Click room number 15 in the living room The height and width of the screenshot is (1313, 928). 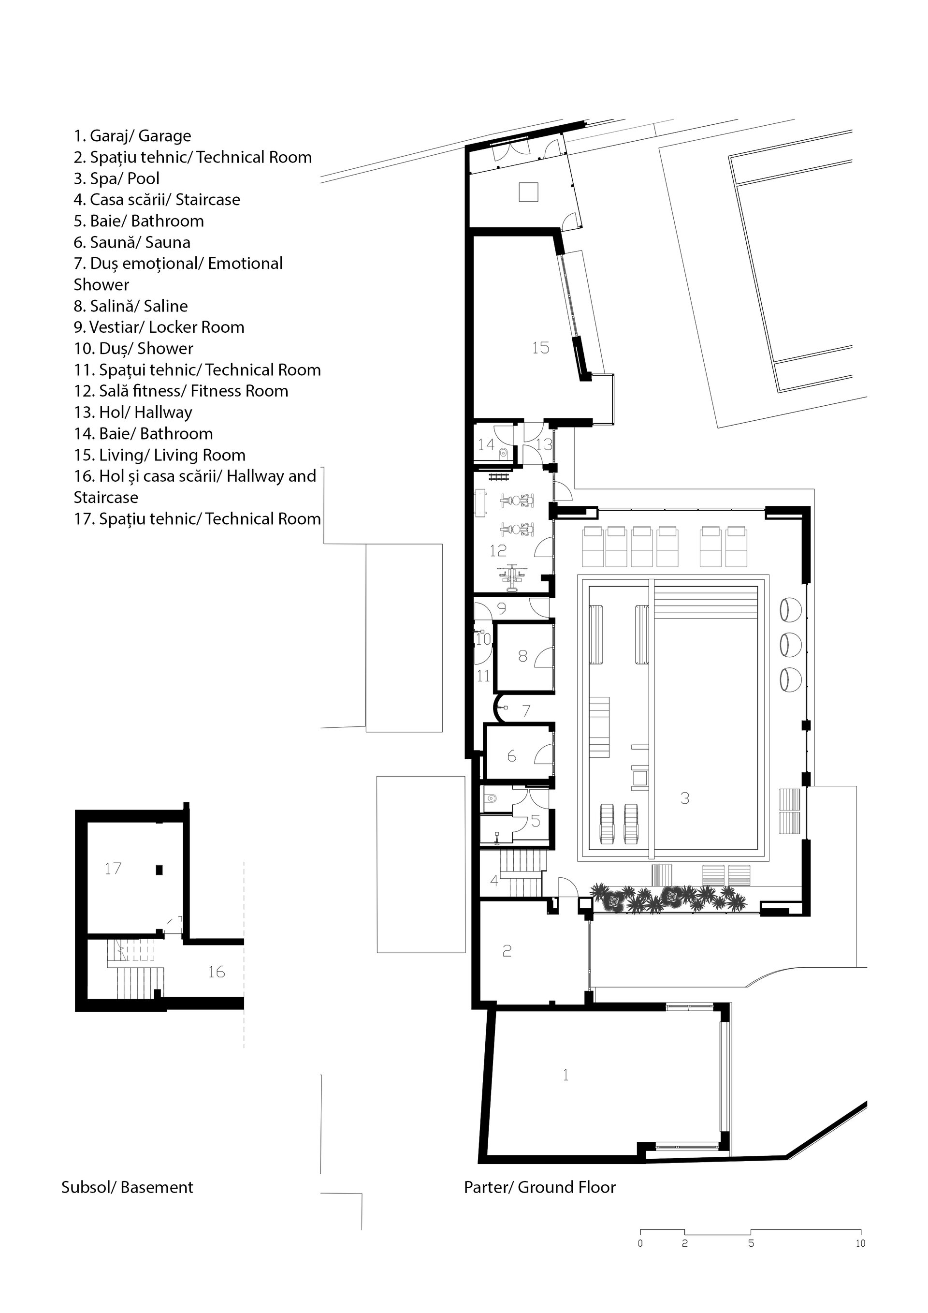[x=540, y=348]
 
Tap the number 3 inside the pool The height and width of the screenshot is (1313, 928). [x=684, y=798]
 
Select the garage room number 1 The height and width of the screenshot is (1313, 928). [x=565, y=1075]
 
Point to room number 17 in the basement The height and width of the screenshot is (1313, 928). [x=113, y=868]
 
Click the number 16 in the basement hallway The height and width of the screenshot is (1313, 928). [x=216, y=971]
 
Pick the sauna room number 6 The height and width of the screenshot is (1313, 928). [x=511, y=756]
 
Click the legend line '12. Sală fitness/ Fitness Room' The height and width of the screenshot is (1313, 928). [x=181, y=391]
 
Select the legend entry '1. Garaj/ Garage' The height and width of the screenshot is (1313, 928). [x=132, y=136]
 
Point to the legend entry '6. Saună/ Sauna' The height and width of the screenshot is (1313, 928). [x=132, y=242]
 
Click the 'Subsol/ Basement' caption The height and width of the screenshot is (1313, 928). [x=128, y=1187]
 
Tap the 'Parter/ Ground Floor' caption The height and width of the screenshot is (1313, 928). [x=539, y=1187]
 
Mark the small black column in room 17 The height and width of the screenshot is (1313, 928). [x=159, y=870]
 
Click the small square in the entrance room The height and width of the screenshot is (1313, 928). [x=529, y=192]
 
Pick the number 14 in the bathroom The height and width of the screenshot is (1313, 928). [x=486, y=444]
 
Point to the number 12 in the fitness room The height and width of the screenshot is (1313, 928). [x=498, y=550]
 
